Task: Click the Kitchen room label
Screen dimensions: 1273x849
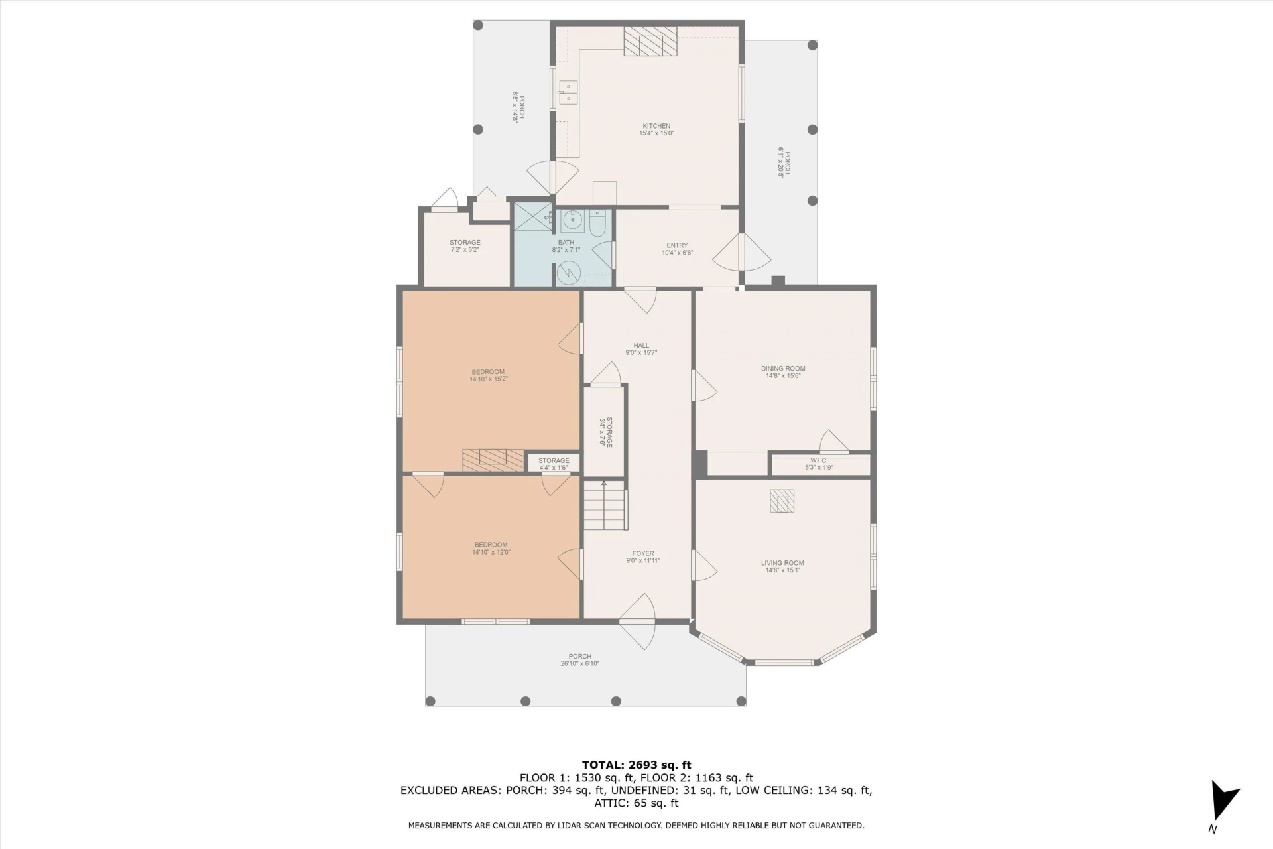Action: [x=656, y=126]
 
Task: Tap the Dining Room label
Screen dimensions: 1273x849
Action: [x=783, y=369]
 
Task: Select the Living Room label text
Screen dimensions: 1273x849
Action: [x=782, y=563]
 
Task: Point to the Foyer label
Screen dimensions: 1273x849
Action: [x=643, y=553]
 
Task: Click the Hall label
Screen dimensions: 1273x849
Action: [x=641, y=346]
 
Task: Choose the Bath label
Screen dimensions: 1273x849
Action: [x=566, y=243]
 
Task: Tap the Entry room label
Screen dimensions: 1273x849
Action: [x=677, y=245]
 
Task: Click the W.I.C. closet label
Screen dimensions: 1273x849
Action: [x=819, y=460]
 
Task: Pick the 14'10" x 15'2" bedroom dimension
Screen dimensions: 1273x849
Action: [x=489, y=379]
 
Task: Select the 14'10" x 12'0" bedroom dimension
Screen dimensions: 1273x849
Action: [x=491, y=552]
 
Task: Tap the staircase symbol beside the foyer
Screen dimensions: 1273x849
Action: [x=605, y=505]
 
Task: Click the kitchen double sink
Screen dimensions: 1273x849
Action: [x=568, y=93]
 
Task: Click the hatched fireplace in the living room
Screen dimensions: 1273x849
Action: [x=782, y=501]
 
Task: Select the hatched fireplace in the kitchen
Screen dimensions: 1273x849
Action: [x=651, y=41]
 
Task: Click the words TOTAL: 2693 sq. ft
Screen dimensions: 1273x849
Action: [x=636, y=765]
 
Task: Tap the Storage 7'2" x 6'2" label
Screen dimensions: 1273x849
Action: [x=465, y=246]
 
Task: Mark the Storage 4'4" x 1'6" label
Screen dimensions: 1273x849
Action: [x=554, y=464]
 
